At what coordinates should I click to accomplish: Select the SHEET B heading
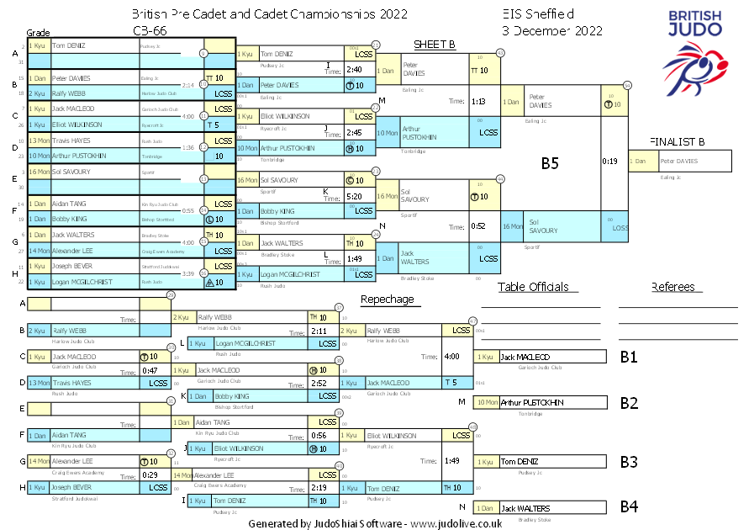(435, 45)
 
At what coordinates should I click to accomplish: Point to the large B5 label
(550, 163)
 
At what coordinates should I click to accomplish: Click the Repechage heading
(387, 299)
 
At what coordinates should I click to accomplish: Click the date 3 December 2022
(552, 30)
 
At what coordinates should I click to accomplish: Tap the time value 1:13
(479, 101)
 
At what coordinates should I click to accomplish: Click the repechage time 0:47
(150, 370)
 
